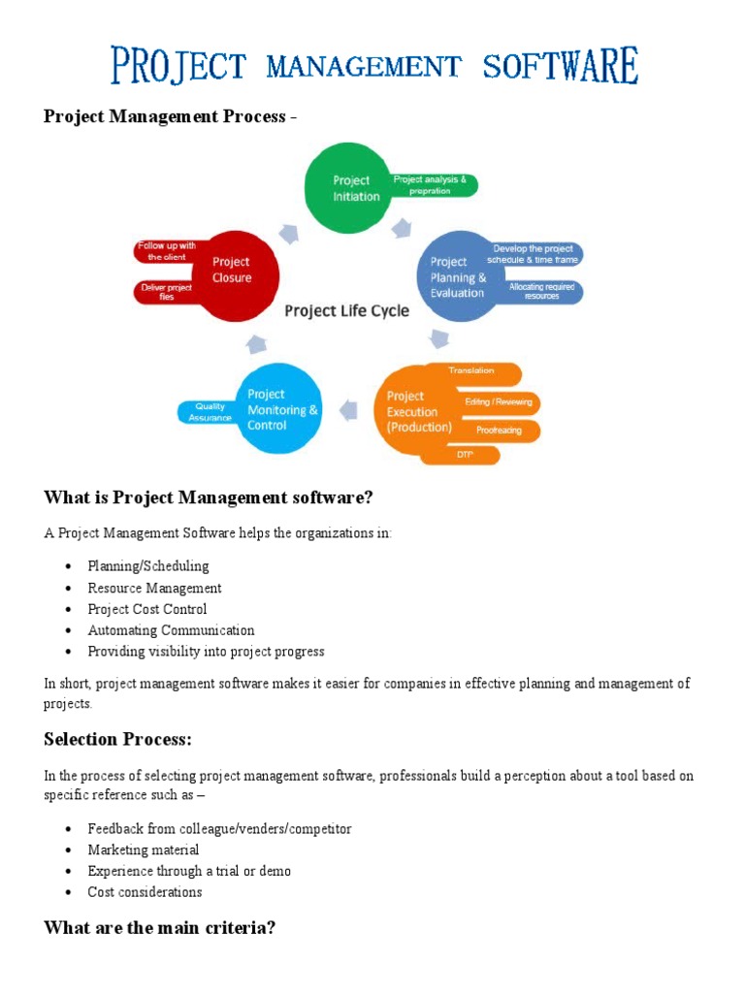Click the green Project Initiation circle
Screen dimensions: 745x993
(x=348, y=188)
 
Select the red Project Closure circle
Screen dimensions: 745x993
(x=235, y=276)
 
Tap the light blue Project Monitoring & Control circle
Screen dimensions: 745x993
(x=277, y=408)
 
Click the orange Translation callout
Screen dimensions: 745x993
(x=476, y=373)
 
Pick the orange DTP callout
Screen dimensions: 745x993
(x=465, y=455)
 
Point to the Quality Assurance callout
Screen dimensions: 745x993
(x=208, y=412)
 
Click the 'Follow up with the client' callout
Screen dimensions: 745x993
(x=167, y=251)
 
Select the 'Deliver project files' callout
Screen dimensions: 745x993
(x=166, y=292)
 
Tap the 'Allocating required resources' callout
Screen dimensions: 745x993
(x=541, y=291)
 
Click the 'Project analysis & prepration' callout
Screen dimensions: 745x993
(x=432, y=185)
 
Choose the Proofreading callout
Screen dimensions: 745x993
(x=500, y=430)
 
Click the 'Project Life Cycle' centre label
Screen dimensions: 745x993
(x=346, y=311)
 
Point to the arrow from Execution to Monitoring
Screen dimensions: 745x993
(x=348, y=410)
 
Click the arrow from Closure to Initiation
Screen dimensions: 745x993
(x=289, y=234)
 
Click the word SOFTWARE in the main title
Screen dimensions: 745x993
(x=560, y=65)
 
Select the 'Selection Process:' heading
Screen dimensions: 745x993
(x=117, y=739)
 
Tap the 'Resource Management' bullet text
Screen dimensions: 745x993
(x=154, y=589)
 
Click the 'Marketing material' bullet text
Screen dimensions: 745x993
(x=144, y=849)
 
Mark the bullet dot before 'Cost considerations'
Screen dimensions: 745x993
(x=69, y=892)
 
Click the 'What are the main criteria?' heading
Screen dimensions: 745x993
(x=160, y=928)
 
